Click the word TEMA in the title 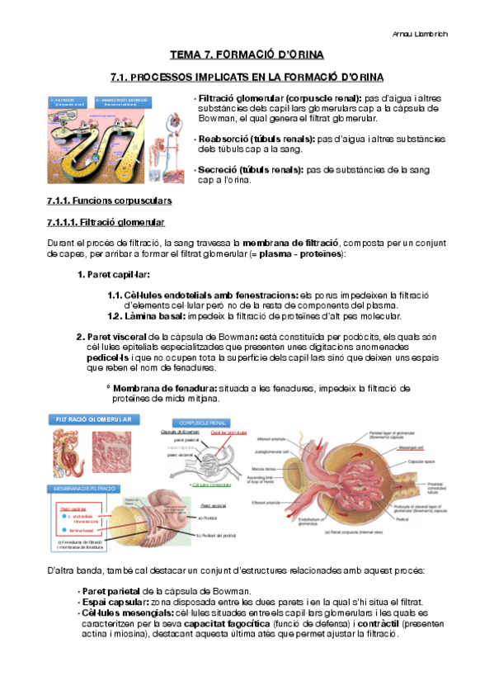click(185, 55)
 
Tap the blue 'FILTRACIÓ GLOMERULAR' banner click(93, 420)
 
